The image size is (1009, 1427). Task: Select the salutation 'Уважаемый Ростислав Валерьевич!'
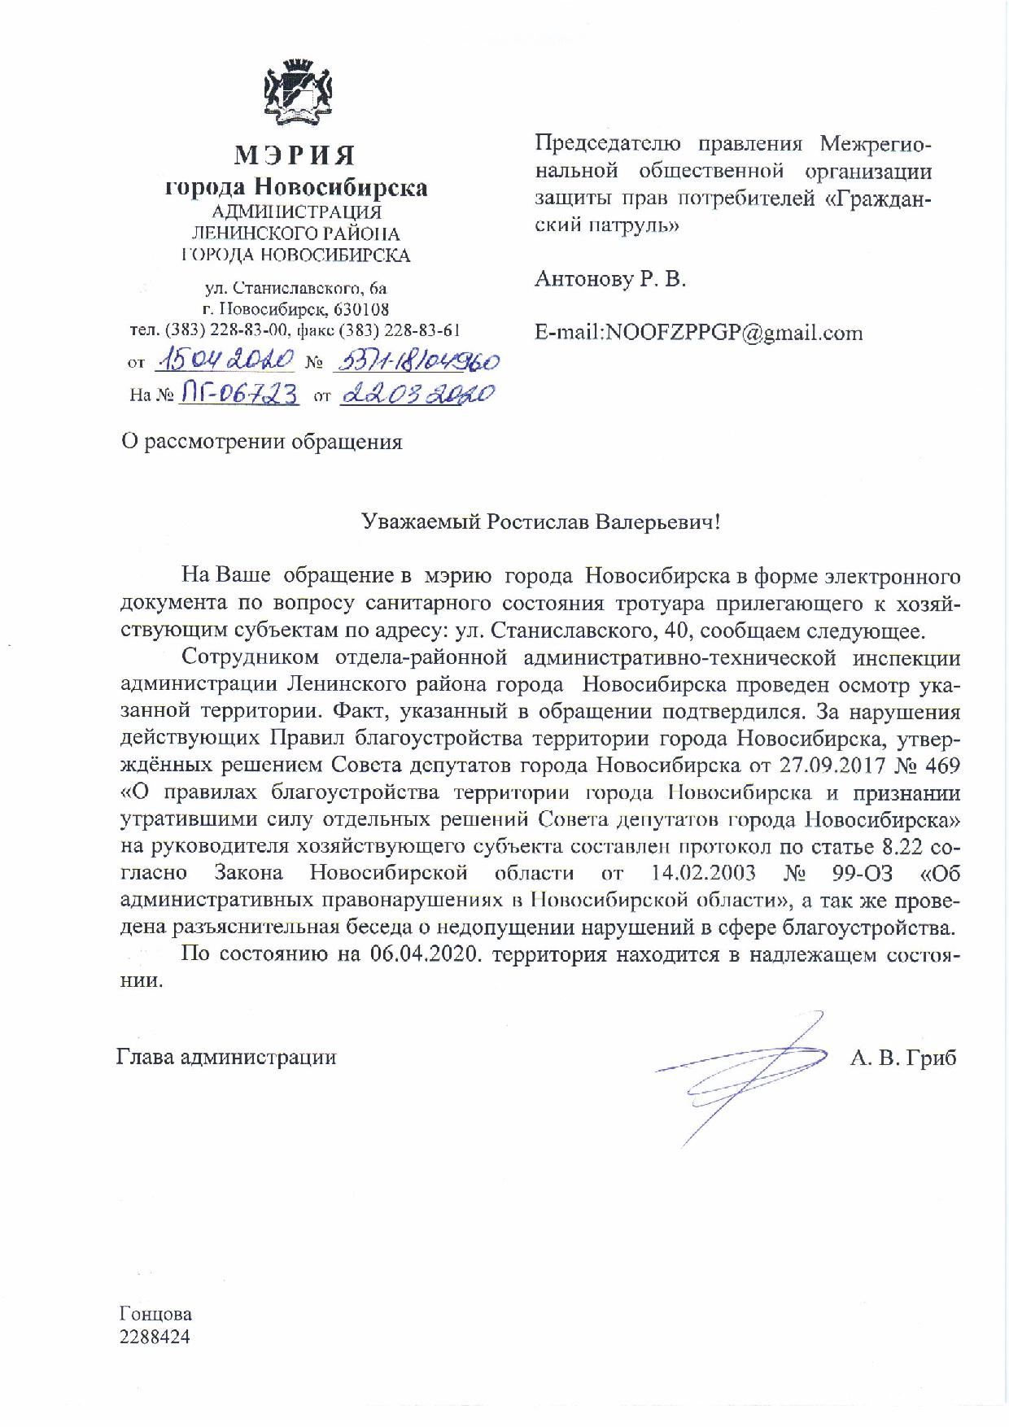541,521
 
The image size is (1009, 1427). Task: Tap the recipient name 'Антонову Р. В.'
610,280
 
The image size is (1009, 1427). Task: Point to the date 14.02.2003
704,873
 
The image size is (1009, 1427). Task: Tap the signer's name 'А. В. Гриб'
903,1058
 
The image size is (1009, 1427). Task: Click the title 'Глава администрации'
226,1058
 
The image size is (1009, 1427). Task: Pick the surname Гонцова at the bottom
155,1314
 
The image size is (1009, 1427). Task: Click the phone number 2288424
155,1336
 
